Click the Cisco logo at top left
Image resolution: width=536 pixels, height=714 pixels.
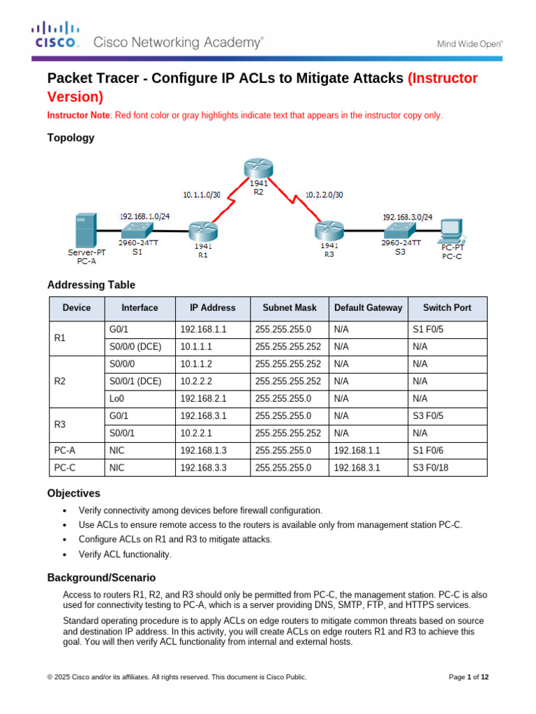tap(56, 35)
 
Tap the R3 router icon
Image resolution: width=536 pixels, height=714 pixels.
tap(329, 230)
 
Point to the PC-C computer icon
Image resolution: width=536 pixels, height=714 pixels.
tap(452, 229)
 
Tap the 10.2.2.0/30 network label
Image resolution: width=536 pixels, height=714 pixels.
tap(323, 196)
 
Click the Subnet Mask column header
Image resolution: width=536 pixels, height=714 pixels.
tap(289, 307)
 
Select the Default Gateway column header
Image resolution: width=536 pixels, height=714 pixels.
tap(368, 307)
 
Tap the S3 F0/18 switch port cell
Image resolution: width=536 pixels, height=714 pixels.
tap(431, 468)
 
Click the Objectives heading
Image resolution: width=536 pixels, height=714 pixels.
tap(73, 493)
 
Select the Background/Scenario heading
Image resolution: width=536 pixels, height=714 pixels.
tap(101, 577)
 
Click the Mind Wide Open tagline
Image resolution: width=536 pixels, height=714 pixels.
tap(470, 43)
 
